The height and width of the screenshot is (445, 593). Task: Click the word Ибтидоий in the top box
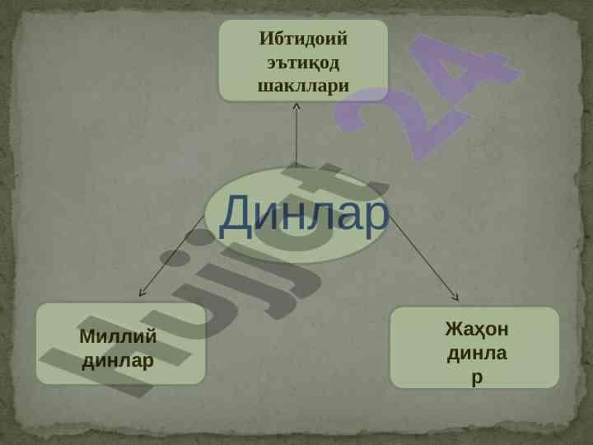(303, 39)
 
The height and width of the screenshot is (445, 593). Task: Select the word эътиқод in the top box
(303, 63)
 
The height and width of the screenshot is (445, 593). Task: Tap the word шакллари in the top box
(303, 87)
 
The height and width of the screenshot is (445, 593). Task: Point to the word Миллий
(118, 336)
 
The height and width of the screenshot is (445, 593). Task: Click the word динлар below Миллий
(118, 361)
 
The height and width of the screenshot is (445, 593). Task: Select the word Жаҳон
(477, 329)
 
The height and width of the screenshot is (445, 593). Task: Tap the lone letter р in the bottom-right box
(477, 377)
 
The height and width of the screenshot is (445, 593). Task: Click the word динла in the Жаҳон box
(477, 354)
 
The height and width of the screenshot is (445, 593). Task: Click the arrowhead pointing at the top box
(296, 106)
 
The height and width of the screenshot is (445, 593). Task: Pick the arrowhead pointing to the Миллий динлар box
(141, 293)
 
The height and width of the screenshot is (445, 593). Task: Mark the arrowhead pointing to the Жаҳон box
(456, 297)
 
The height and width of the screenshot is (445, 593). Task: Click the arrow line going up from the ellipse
(296, 134)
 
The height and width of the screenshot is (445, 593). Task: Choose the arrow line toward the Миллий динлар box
(171, 256)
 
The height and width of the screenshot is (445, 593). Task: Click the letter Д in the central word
(237, 217)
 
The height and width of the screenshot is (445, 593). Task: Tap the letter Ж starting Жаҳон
(455, 329)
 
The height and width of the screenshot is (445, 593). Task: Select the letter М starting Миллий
(87, 336)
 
